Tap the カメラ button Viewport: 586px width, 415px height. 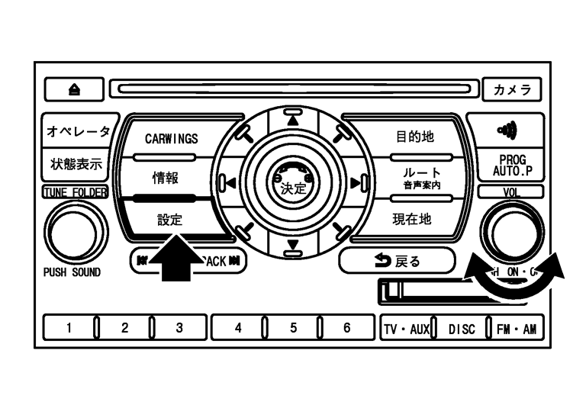(x=512, y=88)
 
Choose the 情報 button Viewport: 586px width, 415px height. (x=166, y=179)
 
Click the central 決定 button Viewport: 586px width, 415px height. (x=292, y=184)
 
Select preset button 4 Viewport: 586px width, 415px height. (x=238, y=328)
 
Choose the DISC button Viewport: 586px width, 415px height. (x=461, y=329)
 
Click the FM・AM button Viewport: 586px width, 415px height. (x=515, y=329)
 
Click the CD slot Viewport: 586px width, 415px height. (x=294, y=89)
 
